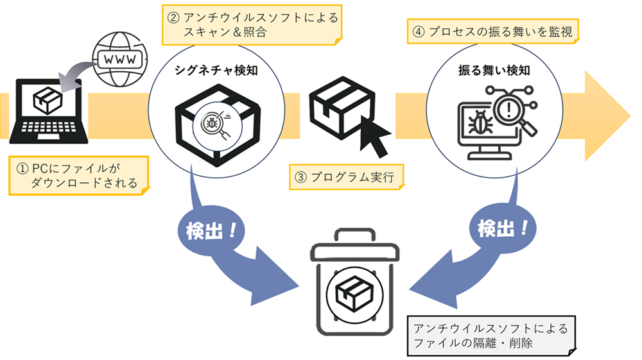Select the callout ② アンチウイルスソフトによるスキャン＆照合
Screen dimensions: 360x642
click(250, 25)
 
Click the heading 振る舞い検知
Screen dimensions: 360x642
click(492, 71)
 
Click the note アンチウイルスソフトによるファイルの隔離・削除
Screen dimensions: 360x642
click(491, 336)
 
